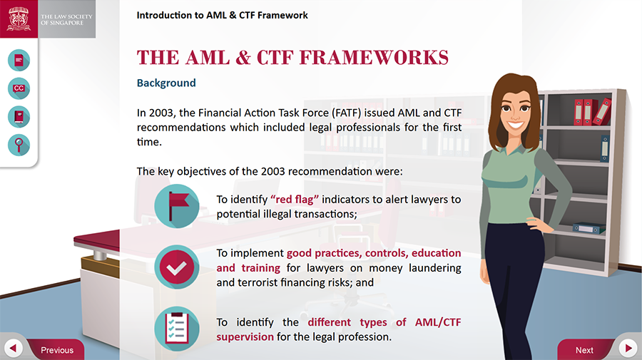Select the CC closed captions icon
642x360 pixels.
19,88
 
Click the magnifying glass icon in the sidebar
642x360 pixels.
19,145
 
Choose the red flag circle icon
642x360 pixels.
176,206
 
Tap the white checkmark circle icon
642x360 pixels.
176,267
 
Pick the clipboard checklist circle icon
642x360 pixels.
176,329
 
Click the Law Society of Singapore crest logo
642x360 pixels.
19,19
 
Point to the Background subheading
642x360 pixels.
166,83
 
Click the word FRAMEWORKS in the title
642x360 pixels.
374,57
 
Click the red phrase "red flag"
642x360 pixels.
295,200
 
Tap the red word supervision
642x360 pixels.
245,337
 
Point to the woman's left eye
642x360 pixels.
525,108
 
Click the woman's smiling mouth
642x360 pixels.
516,124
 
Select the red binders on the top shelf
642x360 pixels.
593,111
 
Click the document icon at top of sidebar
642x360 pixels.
19,61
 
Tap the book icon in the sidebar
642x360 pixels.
19,117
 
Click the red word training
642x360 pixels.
261,268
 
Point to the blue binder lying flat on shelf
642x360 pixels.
589,228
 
